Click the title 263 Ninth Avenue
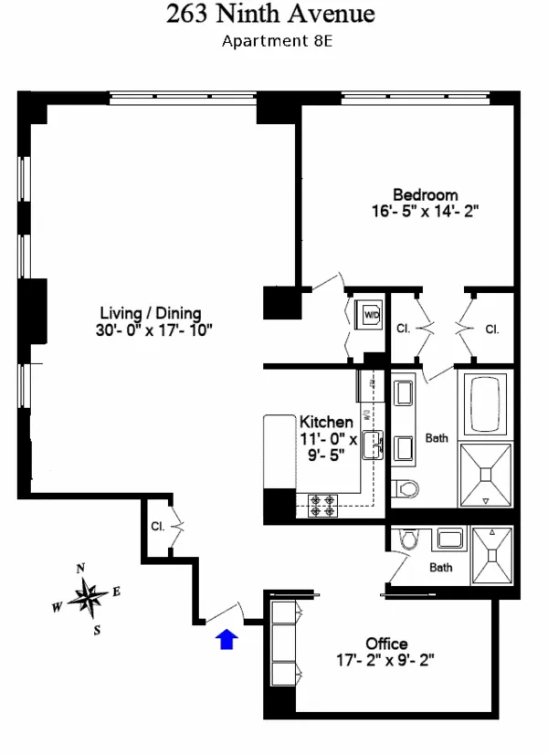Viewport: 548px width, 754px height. point(271,15)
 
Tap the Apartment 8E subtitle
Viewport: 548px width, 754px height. point(271,40)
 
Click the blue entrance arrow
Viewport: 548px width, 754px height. point(226,639)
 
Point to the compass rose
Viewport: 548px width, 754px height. point(89,598)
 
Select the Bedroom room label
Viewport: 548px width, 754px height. point(425,194)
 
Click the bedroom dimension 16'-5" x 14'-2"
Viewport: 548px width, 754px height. point(425,210)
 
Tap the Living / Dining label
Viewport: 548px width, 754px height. point(152,313)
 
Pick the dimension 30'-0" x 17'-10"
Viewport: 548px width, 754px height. point(152,330)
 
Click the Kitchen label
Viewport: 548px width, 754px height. point(326,423)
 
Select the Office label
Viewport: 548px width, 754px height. point(386,644)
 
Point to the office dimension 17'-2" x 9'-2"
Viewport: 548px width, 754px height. point(386,659)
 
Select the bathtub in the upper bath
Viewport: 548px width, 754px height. point(485,403)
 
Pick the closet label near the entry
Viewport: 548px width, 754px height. point(157,527)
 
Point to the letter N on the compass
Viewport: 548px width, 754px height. point(80,568)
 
